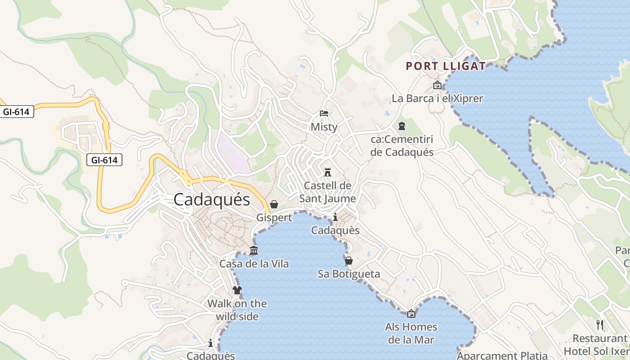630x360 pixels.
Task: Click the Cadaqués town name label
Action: point(211,199)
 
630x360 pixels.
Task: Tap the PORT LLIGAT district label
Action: point(445,66)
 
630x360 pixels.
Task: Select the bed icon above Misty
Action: point(324,113)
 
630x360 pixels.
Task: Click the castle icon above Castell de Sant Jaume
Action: point(328,172)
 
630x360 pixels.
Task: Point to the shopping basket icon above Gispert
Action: point(274,204)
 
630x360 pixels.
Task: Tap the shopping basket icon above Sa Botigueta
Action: point(349,261)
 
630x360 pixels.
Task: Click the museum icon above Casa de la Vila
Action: point(254,251)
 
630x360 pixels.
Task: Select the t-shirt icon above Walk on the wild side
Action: point(237,290)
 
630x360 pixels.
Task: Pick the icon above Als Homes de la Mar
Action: point(411,314)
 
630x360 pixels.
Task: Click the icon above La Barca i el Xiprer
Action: point(437,85)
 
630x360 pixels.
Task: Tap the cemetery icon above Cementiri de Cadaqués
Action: point(401,126)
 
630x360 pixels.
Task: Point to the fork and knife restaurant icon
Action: point(599,324)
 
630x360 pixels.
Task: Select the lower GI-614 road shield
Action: point(104,159)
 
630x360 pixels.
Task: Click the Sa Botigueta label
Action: point(349,274)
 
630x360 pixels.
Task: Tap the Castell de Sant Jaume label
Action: point(328,192)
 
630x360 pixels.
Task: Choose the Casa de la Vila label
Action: point(254,264)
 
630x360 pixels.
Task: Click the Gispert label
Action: point(274,217)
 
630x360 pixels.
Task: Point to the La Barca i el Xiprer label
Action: point(437,98)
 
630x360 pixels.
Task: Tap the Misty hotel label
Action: point(324,127)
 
